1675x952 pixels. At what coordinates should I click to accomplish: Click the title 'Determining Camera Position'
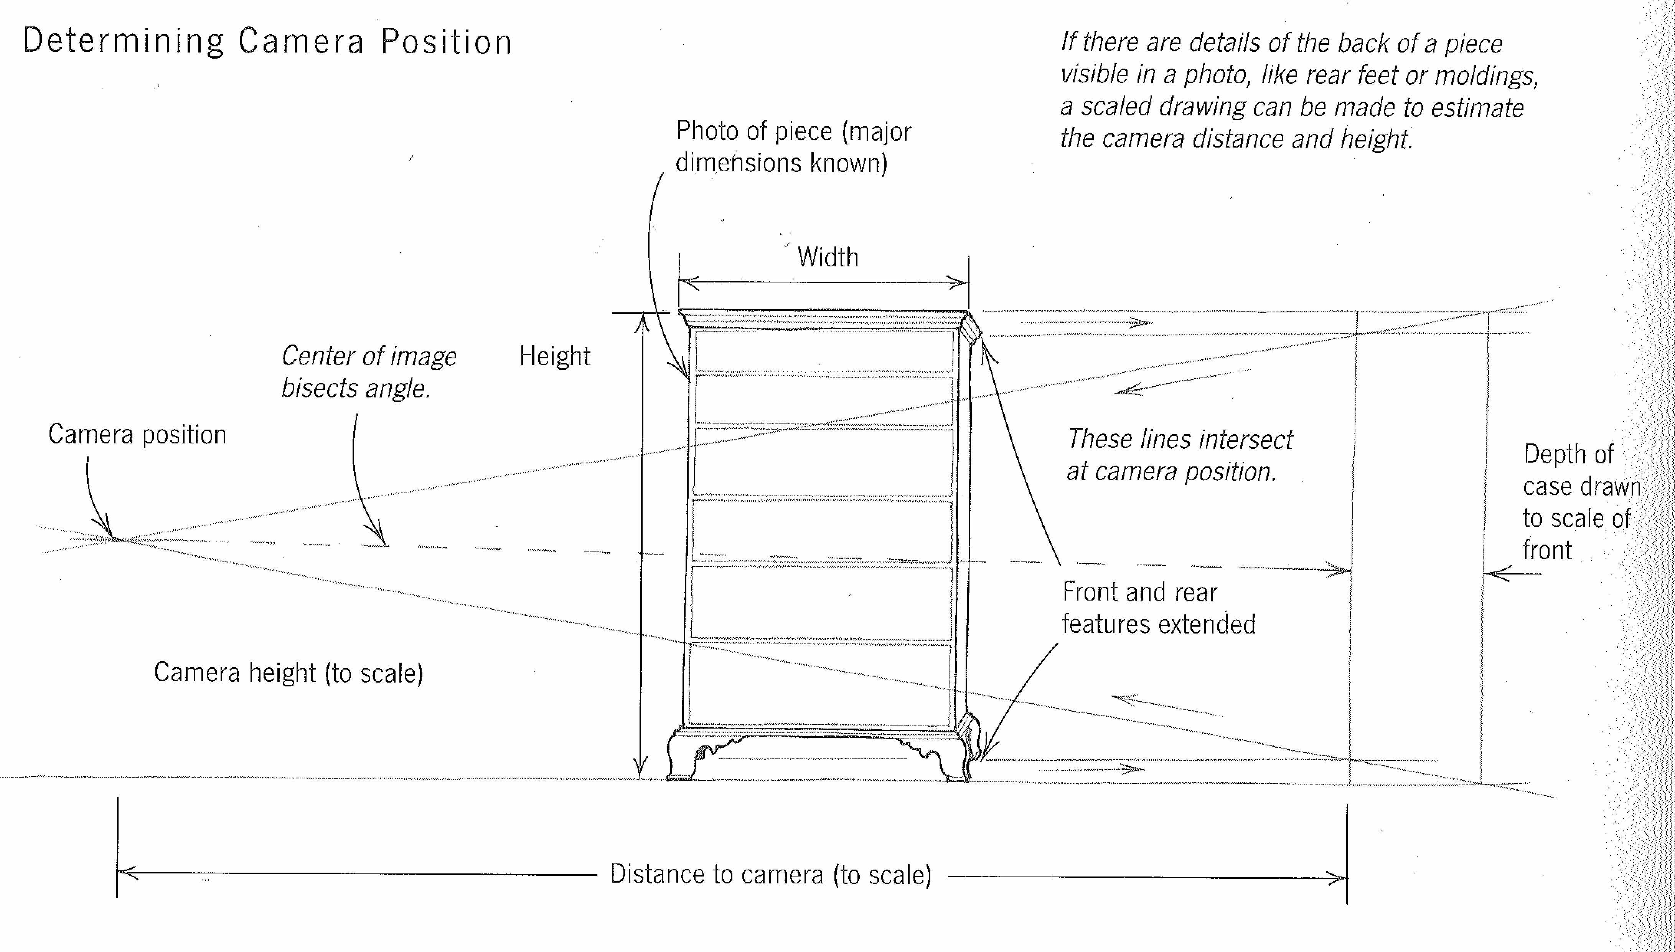(267, 42)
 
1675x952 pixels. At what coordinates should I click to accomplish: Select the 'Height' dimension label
(555, 356)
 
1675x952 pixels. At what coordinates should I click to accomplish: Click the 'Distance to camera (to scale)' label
(770, 874)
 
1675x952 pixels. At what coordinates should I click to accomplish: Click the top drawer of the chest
(824, 352)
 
